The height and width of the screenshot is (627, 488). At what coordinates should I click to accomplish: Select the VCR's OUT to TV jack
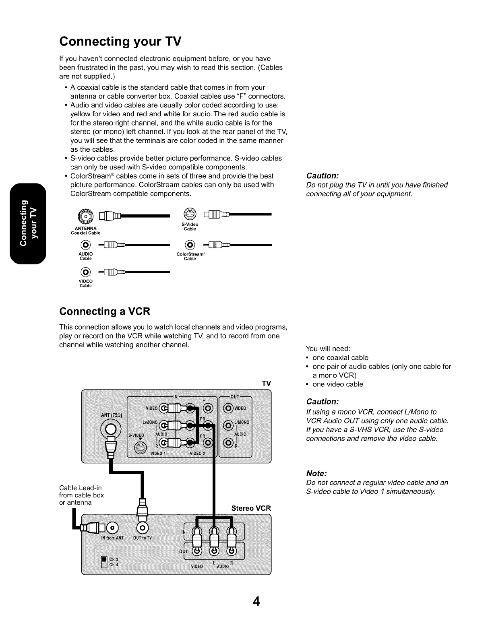143,527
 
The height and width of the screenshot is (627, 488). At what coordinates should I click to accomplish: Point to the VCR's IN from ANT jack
112,527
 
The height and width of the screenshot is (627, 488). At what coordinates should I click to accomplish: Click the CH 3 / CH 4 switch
104,561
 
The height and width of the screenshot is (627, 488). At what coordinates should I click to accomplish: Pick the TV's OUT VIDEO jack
228,408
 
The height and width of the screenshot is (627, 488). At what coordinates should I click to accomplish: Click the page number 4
256,601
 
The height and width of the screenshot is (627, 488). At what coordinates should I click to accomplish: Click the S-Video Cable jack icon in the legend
190,214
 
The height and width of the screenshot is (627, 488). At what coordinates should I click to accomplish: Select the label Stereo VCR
251,508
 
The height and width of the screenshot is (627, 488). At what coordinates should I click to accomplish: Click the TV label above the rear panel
266,383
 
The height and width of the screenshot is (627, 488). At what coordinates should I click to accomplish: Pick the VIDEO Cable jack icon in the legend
85,272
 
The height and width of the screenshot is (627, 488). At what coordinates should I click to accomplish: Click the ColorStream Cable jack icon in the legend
190,245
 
